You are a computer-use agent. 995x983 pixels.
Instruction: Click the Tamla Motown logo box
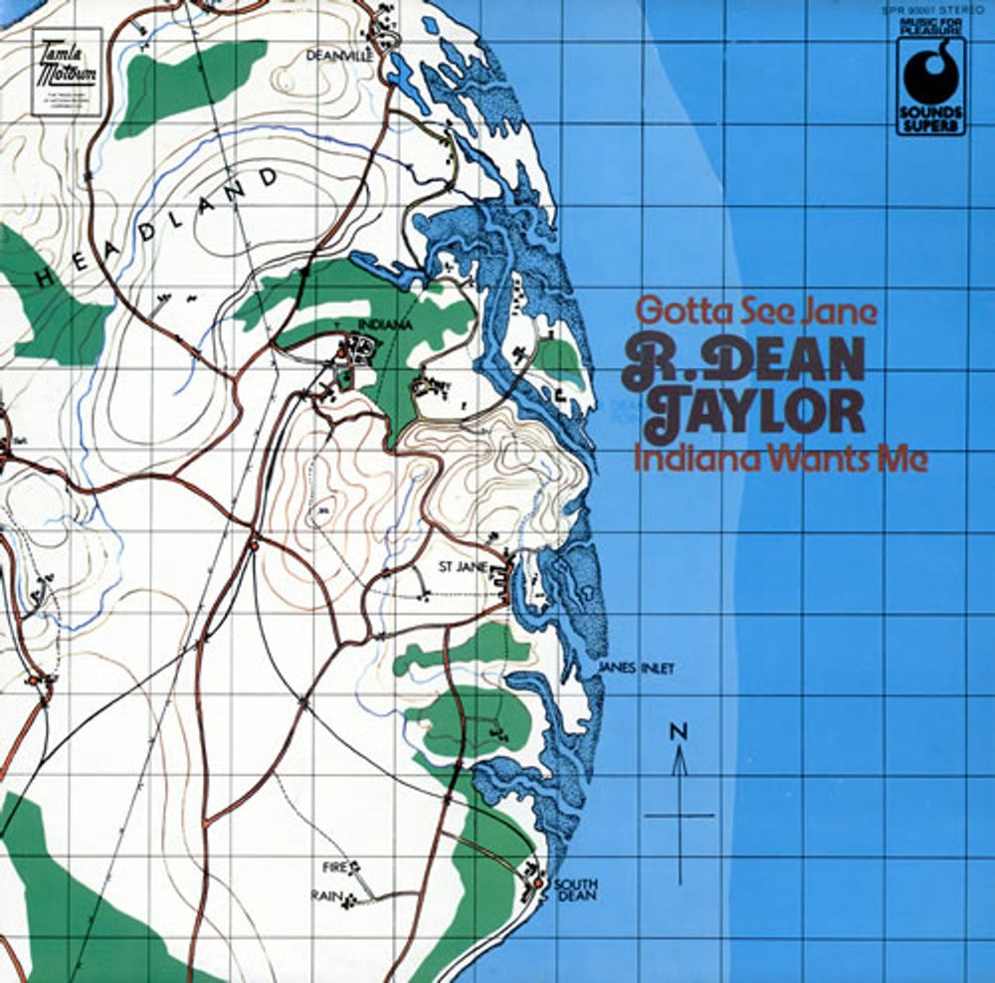pos(67,72)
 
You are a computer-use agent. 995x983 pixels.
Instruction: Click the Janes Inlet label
pos(637,669)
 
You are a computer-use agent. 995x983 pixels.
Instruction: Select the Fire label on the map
pos(333,867)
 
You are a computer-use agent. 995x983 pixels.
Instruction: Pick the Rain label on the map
pos(330,896)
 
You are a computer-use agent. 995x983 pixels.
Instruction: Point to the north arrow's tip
pos(680,751)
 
